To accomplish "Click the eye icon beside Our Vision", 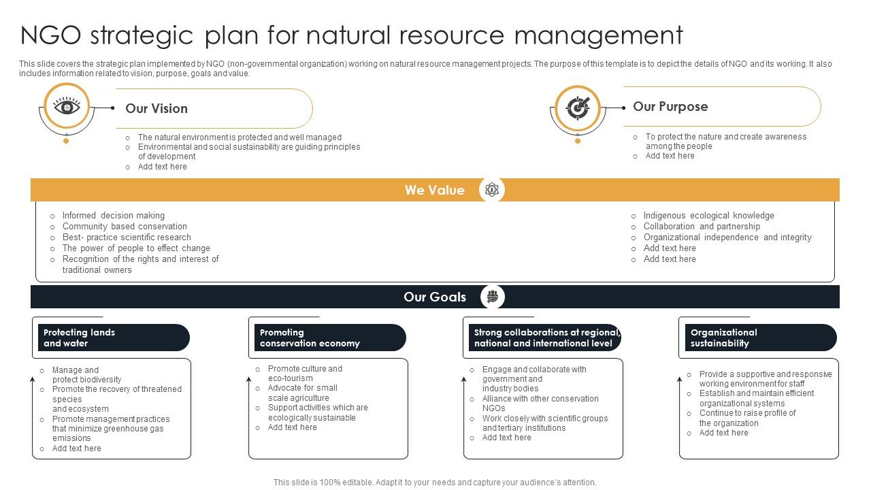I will click(x=67, y=107).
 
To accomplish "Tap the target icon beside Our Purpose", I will click(x=578, y=108).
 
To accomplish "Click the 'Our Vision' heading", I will click(x=157, y=109).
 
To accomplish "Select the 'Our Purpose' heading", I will click(x=670, y=107).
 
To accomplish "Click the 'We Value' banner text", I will click(x=434, y=191).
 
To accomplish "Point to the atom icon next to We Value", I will click(x=491, y=191).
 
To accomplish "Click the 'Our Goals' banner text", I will click(x=434, y=297).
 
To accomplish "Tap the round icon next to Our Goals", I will click(x=492, y=297).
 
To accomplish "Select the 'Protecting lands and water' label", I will click(x=80, y=338).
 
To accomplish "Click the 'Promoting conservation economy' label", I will click(x=310, y=338).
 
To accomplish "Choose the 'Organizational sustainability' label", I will click(x=723, y=338).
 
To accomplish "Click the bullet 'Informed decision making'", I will click(x=114, y=216).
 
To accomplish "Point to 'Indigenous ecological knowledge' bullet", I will click(x=708, y=216).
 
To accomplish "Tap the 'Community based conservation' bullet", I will click(x=125, y=227).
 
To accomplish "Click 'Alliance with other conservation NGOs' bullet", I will click(x=540, y=404).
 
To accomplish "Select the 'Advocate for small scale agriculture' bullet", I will click(x=302, y=393).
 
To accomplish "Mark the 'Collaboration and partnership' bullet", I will click(x=702, y=227).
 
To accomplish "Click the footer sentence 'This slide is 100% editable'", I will click(x=434, y=482).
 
